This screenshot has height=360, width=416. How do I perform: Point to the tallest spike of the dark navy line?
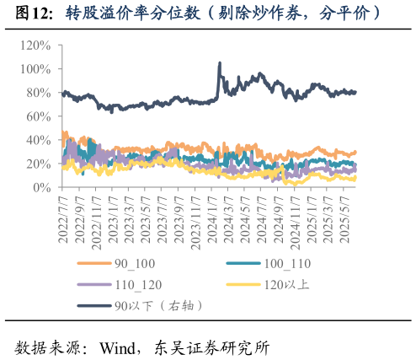coord(220,63)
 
